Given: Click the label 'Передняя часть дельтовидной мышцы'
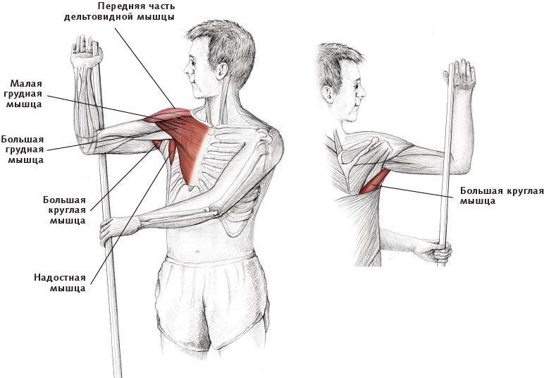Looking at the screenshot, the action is [x=119, y=11].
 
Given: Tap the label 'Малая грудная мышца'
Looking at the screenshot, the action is [x=26, y=94].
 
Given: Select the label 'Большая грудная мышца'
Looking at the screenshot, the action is [x=23, y=150].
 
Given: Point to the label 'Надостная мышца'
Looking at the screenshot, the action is [x=60, y=283].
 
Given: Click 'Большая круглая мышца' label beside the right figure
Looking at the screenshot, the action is [x=502, y=196].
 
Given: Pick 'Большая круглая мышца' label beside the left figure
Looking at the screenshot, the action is [x=65, y=210].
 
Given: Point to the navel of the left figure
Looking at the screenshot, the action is [x=197, y=252].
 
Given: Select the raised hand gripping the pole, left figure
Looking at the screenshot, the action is [x=86, y=51].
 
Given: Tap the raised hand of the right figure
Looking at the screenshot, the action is [x=460, y=74].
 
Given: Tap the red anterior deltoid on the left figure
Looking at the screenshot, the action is [x=166, y=114].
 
